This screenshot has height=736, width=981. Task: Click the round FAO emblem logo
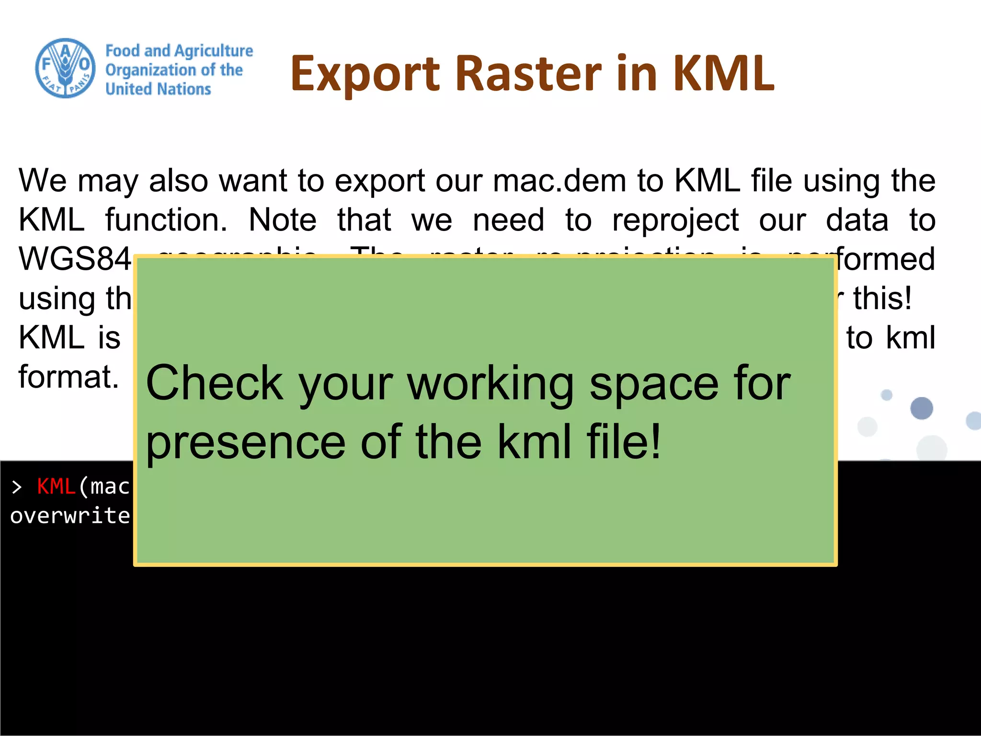coord(66,69)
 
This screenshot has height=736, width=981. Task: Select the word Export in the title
coord(365,74)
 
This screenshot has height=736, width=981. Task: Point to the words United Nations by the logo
coord(158,89)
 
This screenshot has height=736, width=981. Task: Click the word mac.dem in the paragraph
coord(559,181)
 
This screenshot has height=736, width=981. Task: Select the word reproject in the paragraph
coord(675,220)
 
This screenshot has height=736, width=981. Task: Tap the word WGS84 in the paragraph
coord(74,259)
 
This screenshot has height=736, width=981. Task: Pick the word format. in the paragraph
coord(68,377)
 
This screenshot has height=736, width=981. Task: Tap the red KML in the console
coord(56,487)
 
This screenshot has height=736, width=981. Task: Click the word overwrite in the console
coord(70,516)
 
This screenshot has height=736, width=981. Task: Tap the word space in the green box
coord(654,383)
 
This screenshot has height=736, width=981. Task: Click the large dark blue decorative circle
coord(922,408)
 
